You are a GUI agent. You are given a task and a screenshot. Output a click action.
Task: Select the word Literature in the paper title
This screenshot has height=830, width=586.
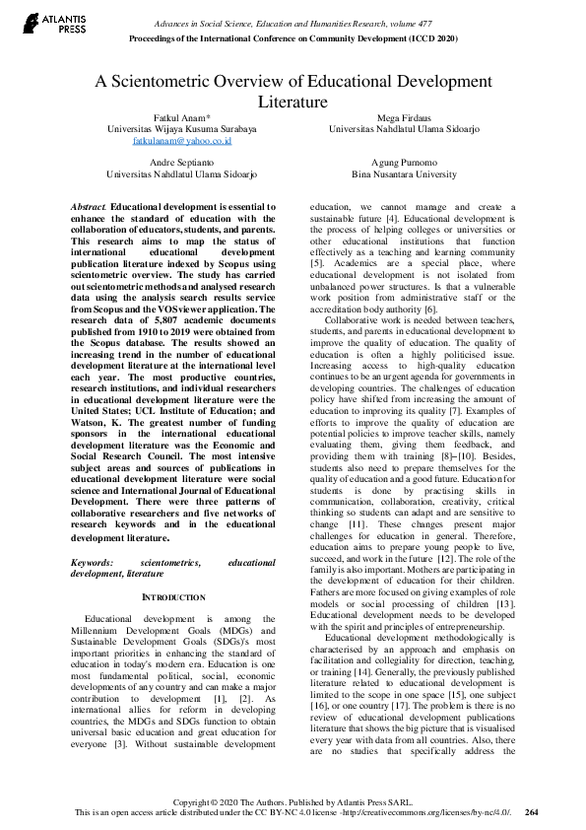(293, 101)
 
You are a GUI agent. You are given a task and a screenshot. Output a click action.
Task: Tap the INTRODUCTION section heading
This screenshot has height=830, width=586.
(175, 570)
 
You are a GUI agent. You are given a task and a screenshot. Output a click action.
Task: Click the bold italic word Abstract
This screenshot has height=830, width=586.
(88, 206)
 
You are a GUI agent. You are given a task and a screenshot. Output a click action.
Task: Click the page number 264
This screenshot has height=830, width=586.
(532, 812)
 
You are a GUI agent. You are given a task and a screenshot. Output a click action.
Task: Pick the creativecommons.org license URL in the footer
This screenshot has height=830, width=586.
(432, 812)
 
